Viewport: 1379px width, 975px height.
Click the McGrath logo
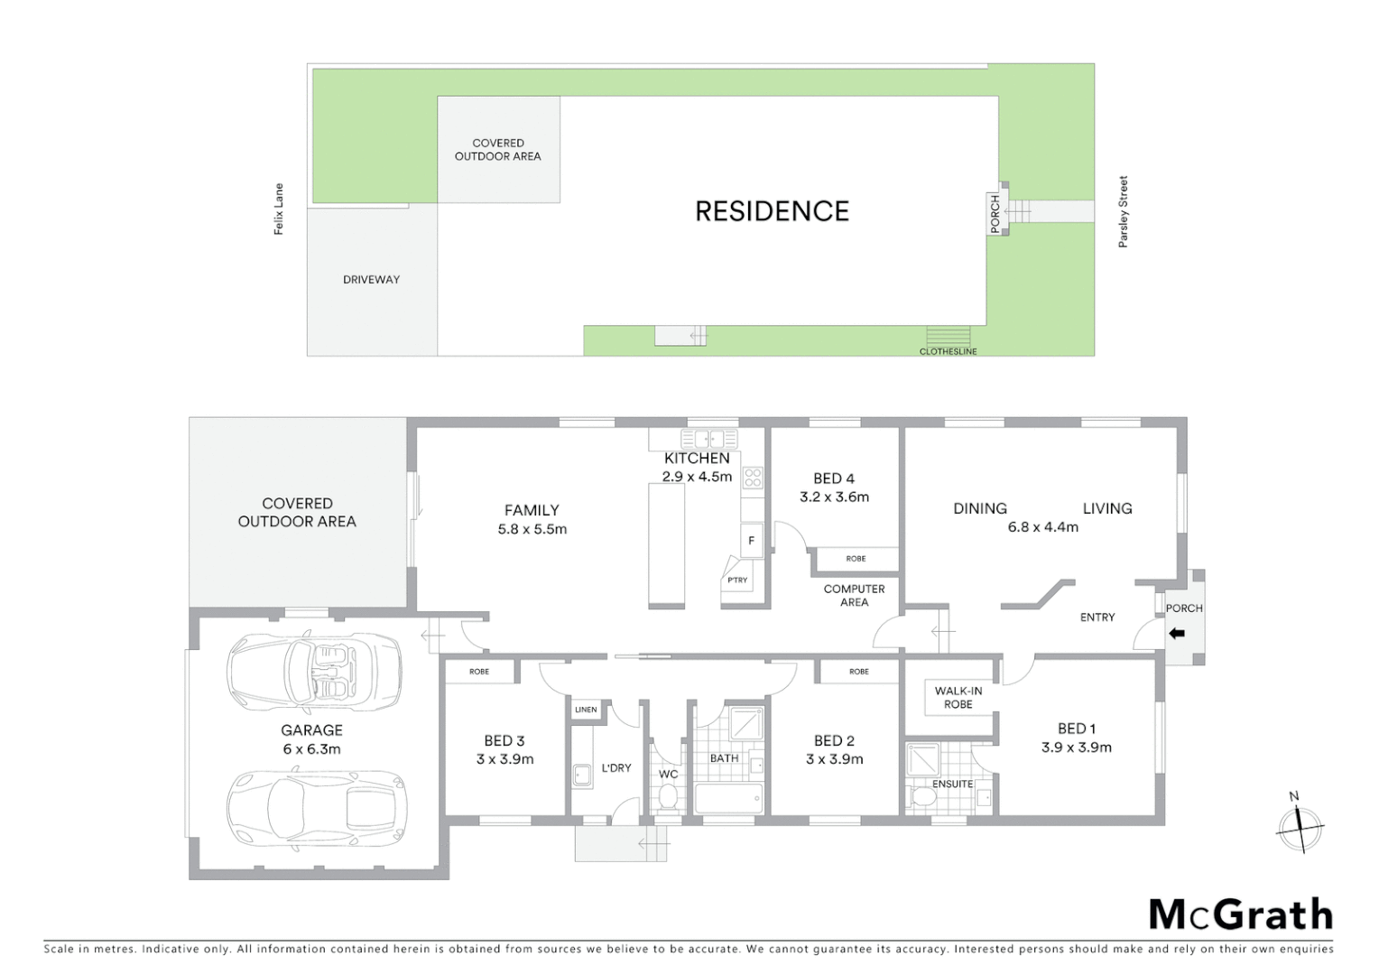1241,915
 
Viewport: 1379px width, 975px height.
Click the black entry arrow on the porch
1177,634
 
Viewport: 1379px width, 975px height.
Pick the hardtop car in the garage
314,808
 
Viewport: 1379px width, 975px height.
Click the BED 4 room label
834,478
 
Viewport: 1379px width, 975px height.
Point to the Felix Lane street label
279,209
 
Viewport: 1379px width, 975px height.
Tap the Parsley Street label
1124,212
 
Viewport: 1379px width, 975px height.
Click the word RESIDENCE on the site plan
772,211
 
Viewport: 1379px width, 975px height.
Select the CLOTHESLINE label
948,351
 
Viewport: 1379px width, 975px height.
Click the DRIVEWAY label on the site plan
371,280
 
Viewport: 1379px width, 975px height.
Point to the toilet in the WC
668,796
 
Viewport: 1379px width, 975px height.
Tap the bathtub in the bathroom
727,798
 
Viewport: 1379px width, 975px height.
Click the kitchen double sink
709,440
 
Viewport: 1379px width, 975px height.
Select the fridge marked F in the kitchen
751,541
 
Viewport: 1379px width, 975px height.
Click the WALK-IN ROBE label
958,697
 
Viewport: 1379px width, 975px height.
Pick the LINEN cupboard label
586,710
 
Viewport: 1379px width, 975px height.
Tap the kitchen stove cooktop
753,478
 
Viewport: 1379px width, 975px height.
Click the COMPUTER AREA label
854,595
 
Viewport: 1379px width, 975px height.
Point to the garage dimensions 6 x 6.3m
311,749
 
